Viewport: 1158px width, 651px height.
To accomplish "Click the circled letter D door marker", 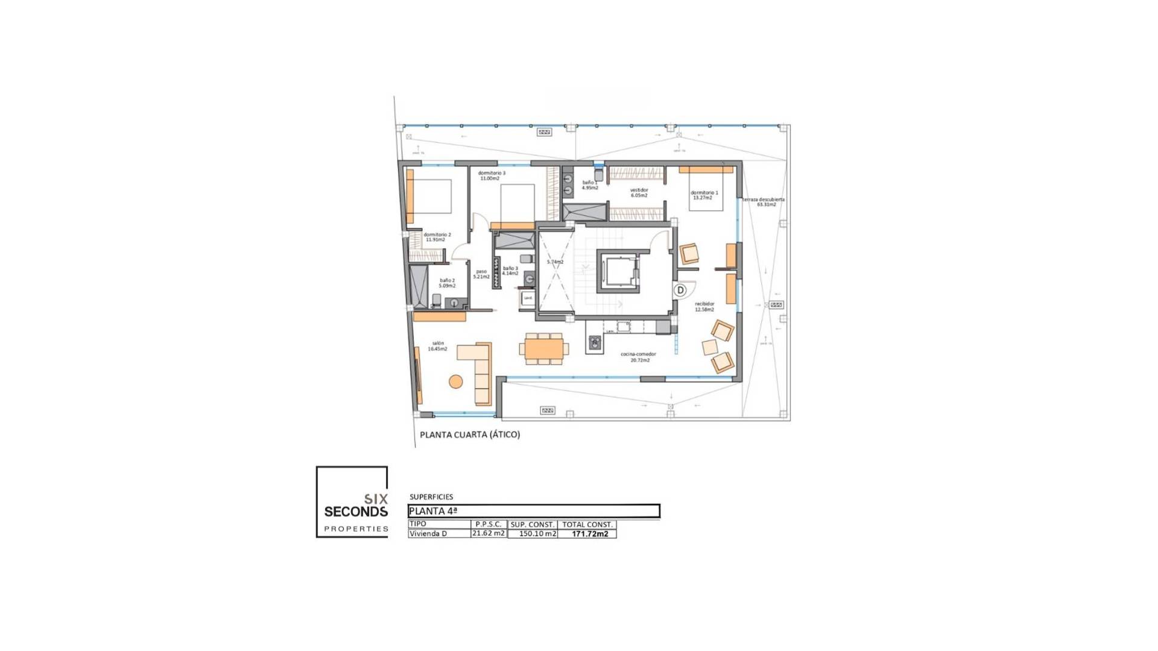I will [680, 290].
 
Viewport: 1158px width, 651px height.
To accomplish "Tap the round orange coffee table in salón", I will [456, 381].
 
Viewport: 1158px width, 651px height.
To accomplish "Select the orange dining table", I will [543, 348].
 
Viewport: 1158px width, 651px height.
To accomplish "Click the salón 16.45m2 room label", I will [438, 346].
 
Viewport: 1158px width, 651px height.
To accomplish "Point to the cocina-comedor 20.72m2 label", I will [639, 357].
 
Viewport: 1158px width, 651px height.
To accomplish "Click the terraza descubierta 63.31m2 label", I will [764, 202].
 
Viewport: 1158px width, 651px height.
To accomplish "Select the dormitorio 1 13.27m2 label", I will [704, 195].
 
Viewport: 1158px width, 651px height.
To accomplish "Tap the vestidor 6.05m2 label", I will [639, 192].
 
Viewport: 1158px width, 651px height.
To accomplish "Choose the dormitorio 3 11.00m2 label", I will [491, 175].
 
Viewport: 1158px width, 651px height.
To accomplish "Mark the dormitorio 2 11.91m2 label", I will [437, 237].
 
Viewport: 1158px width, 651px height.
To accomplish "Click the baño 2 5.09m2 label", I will [447, 283].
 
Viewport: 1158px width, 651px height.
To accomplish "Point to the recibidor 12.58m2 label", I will [704, 306].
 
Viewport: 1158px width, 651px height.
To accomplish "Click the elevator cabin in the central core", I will [618, 271].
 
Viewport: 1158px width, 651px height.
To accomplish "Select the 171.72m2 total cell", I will [589, 533].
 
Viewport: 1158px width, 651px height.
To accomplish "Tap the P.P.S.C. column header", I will [489, 524].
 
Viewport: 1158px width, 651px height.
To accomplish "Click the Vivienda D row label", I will [428, 533].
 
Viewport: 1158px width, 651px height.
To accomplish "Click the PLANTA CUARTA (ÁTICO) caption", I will [470, 434].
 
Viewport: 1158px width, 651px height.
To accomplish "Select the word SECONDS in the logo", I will [356, 512].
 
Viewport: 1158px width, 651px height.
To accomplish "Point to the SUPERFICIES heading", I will [431, 497].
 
